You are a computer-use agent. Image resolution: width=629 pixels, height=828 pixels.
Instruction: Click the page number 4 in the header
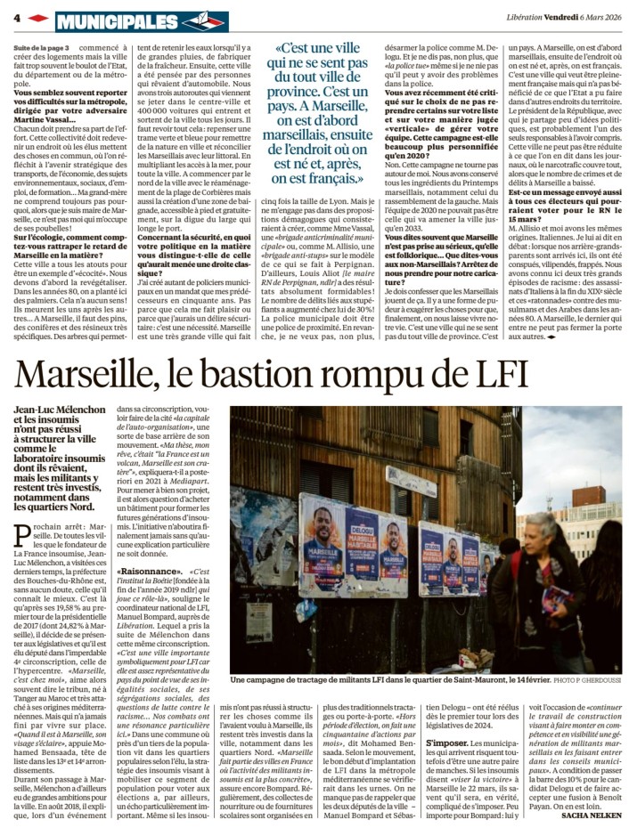coord(17,18)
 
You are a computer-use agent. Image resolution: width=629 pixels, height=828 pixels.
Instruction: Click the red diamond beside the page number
coord(37,18)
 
